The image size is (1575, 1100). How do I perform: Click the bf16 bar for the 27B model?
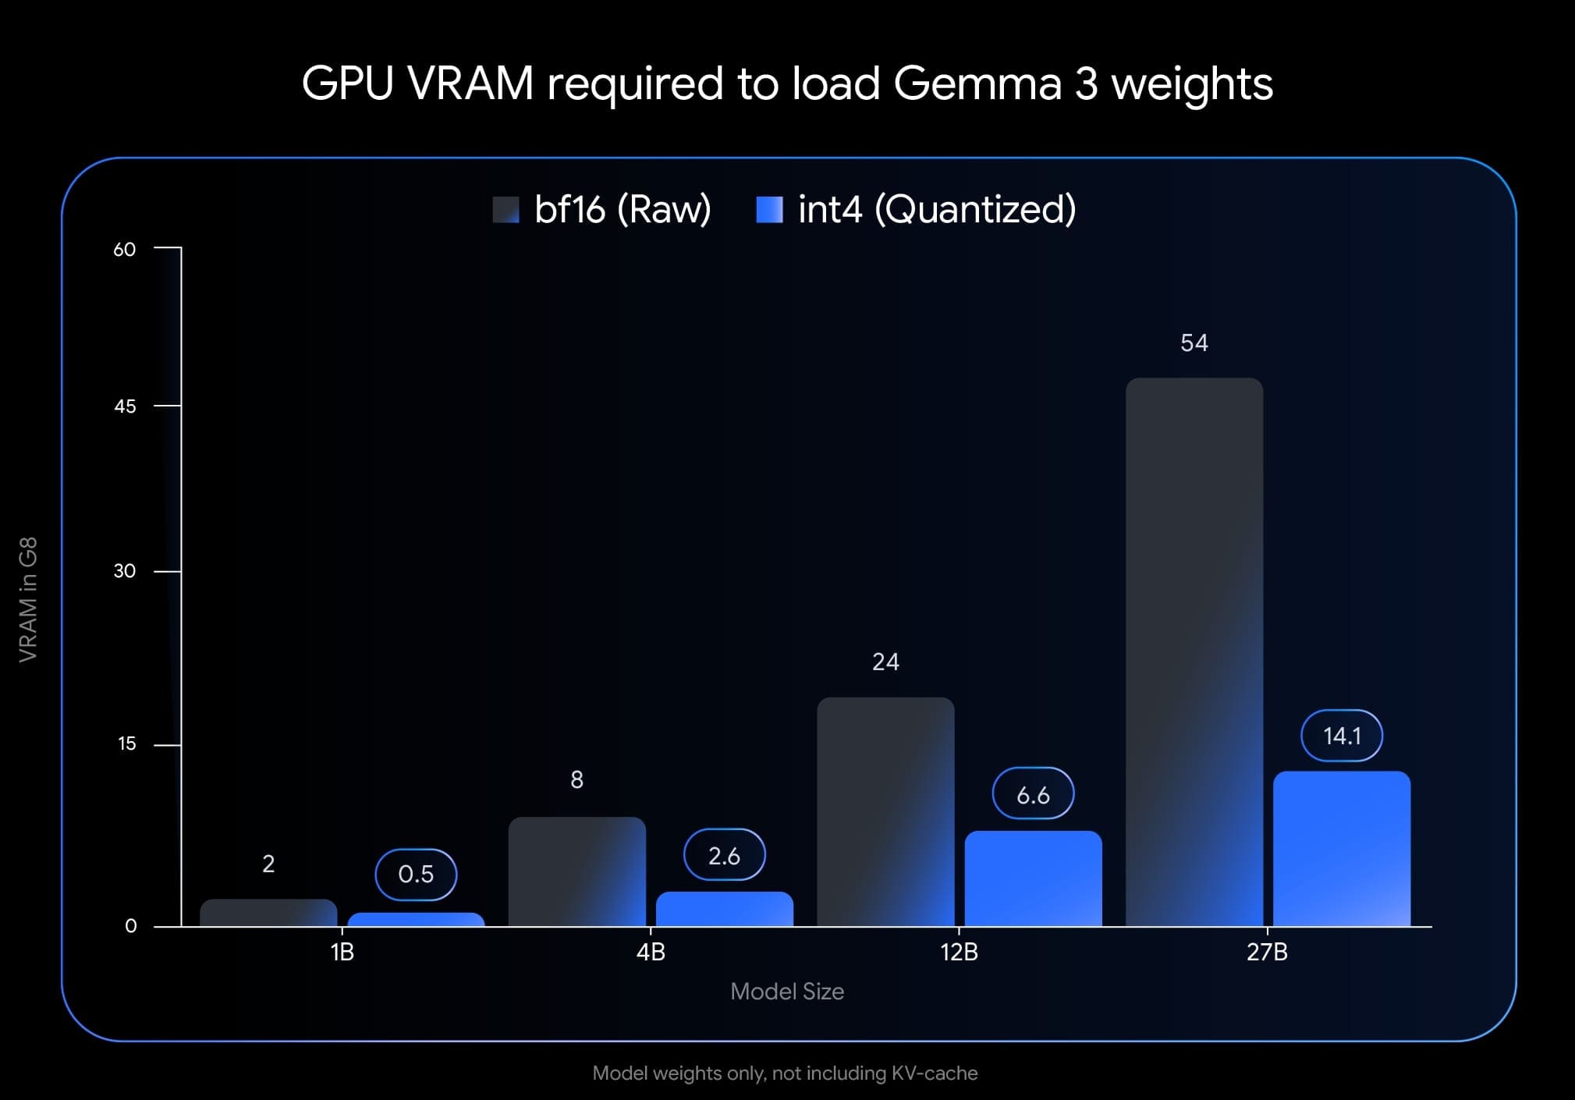[1194, 651]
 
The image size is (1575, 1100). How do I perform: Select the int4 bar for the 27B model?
[1342, 849]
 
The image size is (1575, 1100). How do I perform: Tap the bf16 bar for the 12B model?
[885, 811]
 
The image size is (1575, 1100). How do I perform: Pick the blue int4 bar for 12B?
[1033, 878]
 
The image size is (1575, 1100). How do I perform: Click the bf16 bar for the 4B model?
[576, 871]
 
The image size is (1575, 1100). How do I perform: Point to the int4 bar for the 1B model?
[416, 920]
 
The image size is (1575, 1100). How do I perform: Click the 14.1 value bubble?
[1342, 736]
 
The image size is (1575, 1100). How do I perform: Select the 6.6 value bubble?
[1033, 794]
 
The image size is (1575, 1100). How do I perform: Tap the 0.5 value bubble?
[416, 874]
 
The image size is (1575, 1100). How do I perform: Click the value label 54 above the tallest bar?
[1194, 342]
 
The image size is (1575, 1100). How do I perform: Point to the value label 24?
[885, 662]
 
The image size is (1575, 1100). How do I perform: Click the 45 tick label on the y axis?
[125, 406]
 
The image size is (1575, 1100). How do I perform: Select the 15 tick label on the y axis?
[126, 743]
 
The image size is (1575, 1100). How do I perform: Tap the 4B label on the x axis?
[651, 952]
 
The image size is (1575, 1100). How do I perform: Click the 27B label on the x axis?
[1267, 952]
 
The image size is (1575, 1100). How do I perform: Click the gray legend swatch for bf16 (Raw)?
[505, 210]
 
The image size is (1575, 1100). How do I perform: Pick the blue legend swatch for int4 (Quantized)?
[769, 210]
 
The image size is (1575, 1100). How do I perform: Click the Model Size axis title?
[786, 992]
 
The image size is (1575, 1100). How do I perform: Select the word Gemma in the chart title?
[977, 83]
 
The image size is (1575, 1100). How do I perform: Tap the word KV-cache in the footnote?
[934, 1073]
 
